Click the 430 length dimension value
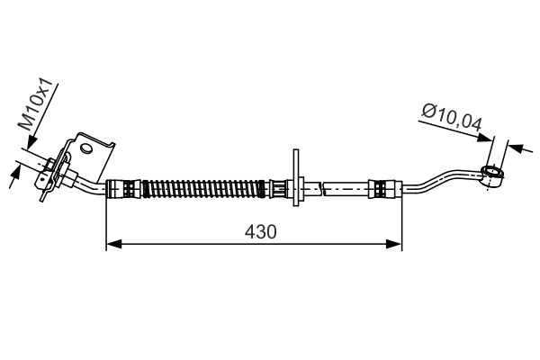tap(260, 232)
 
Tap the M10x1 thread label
tap(35, 104)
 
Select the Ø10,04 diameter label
tap(452, 118)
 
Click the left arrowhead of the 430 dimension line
tap(114, 244)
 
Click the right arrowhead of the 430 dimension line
tap(393, 244)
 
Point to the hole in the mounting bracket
tap(86, 148)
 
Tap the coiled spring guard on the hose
tap(204, 189)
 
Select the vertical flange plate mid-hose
tap(296, 177)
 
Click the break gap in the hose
tap(322, 189)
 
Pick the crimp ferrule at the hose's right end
tap(385, 189)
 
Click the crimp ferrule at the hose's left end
tap(123, 189)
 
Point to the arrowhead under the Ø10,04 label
tap(485, 138)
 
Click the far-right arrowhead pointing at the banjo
tap(516, 148)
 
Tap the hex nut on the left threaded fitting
tap(49, 165)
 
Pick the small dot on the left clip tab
tap(42, 179)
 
